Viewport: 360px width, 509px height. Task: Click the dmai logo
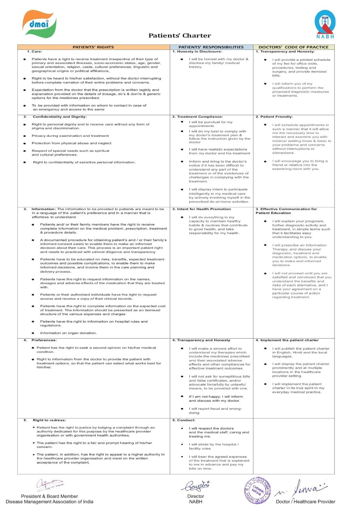[x=39, y=24]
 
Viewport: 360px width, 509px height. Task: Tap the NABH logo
[x=325, y=24]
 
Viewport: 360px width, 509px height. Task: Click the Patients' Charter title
[x=180, y=36]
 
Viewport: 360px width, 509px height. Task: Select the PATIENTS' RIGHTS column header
[x=93, y=47]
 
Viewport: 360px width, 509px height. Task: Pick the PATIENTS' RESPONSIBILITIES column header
[x=211, y=47]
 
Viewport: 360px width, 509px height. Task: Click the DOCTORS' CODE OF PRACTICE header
[x=293, y=47]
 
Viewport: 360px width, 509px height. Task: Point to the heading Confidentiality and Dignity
[x=60, y=117]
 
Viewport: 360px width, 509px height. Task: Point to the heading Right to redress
[x=49, y=420]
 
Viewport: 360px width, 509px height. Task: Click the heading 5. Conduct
[x=184, y=420]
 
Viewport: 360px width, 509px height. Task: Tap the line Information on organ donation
[x=68, y=333]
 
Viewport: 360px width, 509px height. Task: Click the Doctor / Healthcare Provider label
[x=306, y=502]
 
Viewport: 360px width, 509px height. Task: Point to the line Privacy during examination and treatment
[x=70, y=136]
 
